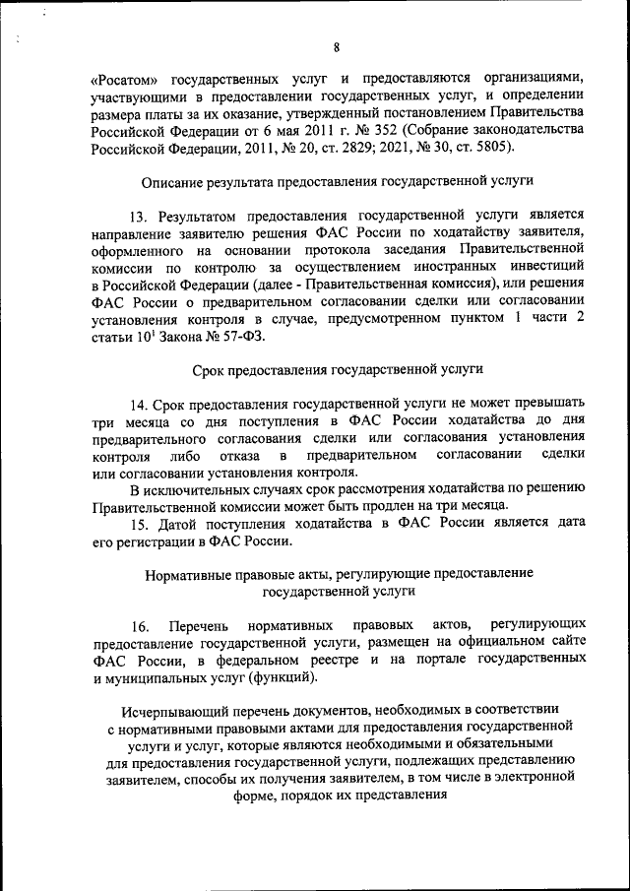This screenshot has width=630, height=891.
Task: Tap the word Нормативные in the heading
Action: [192, 574]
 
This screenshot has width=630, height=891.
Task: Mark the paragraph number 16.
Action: [140, 626]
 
